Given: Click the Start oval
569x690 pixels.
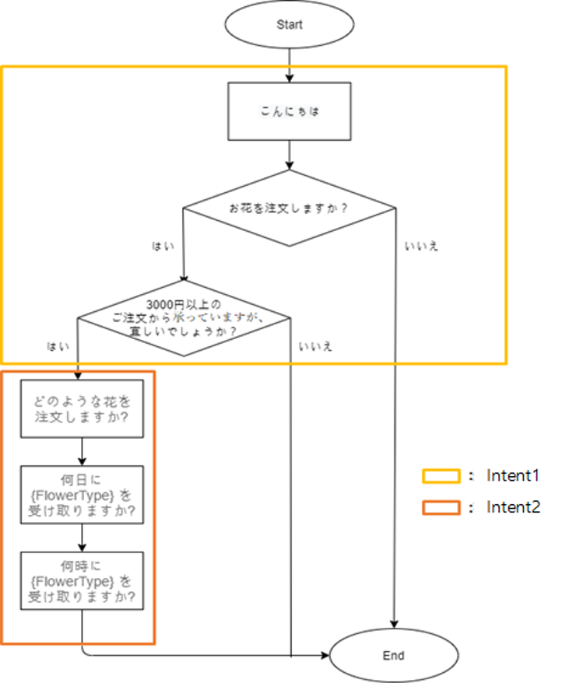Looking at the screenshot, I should coord(290,25).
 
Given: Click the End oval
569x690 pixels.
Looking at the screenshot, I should coord(394,656).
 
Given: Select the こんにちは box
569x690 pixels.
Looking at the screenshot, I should coord(290,110).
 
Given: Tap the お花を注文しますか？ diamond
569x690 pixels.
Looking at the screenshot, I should coord(290,208).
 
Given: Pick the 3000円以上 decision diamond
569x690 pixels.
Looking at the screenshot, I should coord(184,317).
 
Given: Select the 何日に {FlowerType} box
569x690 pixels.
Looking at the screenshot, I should coord(82,495).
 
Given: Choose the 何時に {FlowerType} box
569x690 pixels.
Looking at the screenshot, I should coord(82,581).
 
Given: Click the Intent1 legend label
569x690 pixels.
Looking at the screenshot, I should coord(513,475).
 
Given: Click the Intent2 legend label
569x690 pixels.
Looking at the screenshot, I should coord(513,508).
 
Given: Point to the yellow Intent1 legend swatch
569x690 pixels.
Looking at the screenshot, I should coord(441,475).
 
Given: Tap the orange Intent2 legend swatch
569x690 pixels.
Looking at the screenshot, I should coord(441,508).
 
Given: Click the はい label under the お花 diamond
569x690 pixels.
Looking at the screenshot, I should coord(163,246).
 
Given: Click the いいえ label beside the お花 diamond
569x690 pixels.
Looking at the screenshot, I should coord(421,246).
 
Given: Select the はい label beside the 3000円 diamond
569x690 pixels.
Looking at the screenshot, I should coord(58,345).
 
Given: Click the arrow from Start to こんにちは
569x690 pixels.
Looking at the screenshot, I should coord(290,64).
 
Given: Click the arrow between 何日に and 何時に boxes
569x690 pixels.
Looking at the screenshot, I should coord(82,538).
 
